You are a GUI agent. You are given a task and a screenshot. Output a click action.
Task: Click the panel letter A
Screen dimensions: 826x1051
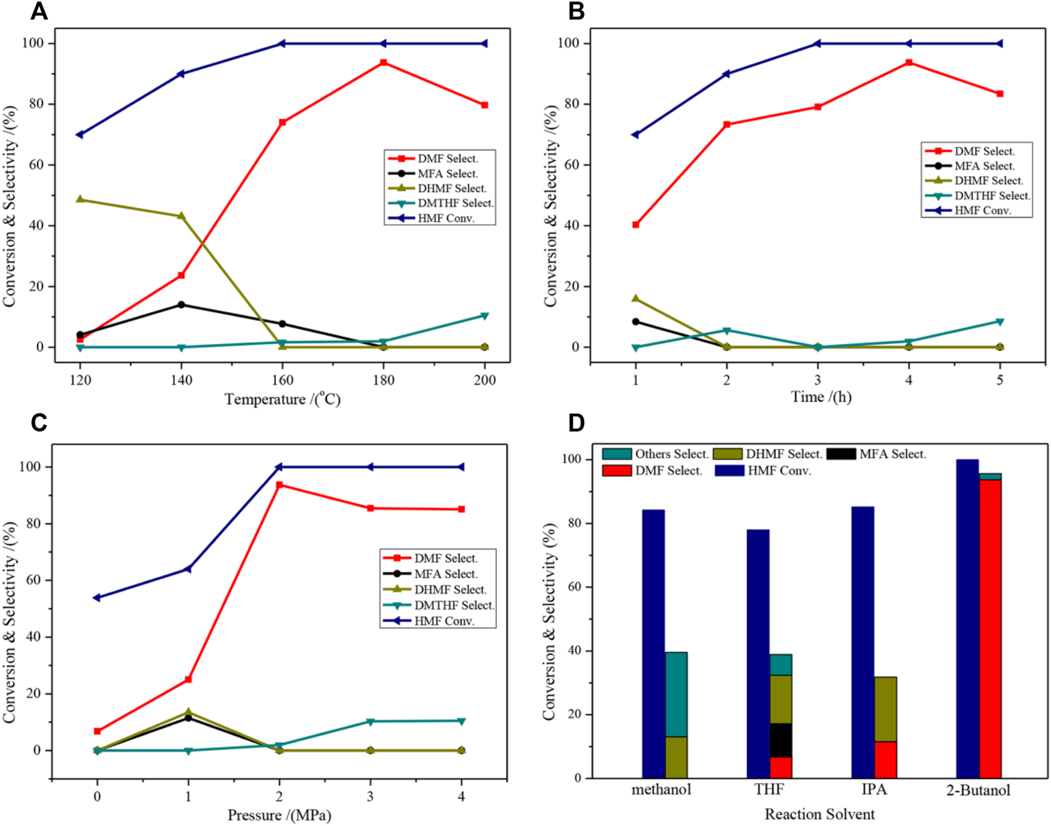click(39, 11)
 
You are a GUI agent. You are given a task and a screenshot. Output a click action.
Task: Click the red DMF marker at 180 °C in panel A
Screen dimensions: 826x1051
click(384, 62)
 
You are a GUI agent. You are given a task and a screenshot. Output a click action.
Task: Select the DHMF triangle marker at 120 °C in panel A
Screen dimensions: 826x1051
click(80, 199)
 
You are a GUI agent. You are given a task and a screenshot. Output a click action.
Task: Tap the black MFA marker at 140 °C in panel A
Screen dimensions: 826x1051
click(181, 305)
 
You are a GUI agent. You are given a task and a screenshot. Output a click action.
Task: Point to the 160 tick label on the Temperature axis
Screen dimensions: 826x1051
click(283, 380)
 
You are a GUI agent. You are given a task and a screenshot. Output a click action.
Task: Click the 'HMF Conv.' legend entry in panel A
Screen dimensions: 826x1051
click(446, 218)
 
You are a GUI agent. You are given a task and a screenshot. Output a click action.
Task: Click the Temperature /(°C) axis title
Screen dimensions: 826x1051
click(282, 399)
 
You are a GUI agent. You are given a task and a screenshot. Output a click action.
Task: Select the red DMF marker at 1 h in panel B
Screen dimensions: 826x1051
click(636, 225)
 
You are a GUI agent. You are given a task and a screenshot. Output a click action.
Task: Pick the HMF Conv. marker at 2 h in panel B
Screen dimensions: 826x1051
click(727, 74)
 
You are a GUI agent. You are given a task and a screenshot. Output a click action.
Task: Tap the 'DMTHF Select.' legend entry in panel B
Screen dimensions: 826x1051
click(992, 196)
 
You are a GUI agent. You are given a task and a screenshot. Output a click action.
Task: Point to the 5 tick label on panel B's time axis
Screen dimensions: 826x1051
click(1000, 380)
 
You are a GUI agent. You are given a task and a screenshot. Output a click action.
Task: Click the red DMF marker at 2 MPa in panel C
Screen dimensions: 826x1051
click(280, 485)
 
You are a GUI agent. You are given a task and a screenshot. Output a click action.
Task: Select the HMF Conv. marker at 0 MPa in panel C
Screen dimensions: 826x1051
click(97, 598)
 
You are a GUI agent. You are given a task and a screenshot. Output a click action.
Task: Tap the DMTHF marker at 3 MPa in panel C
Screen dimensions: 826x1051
click(370, 722)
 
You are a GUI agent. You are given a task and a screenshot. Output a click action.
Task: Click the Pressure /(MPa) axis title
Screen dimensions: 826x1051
click(279, 815)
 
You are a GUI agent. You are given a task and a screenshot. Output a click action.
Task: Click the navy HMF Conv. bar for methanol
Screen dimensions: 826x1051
click(653, 644)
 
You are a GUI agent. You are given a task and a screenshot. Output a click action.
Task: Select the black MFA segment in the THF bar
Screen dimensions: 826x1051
click(780, 740)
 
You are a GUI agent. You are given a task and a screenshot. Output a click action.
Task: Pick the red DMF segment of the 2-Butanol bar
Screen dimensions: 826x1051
click(990, 628)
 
